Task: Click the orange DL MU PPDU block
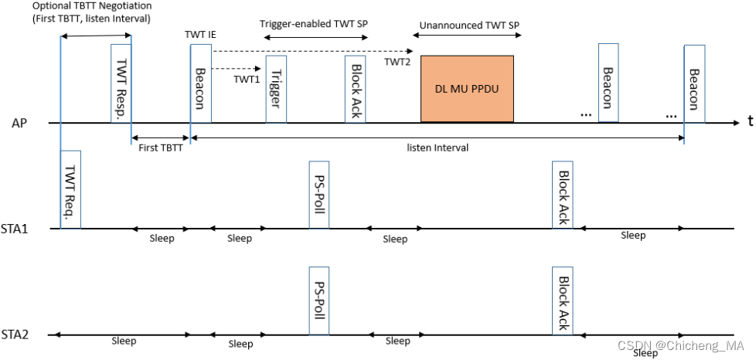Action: coord(467,89)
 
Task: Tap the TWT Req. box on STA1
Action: coord(70,189)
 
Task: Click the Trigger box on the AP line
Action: coord(276,89)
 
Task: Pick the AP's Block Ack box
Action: coord(356,89)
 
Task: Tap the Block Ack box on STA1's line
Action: coord(563,195)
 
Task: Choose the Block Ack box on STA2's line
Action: coord(563,301)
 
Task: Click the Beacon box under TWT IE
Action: coord(200,83)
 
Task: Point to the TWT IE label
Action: coord(199,36)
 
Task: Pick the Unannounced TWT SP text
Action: coord(469,25)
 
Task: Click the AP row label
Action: coord(20,123)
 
